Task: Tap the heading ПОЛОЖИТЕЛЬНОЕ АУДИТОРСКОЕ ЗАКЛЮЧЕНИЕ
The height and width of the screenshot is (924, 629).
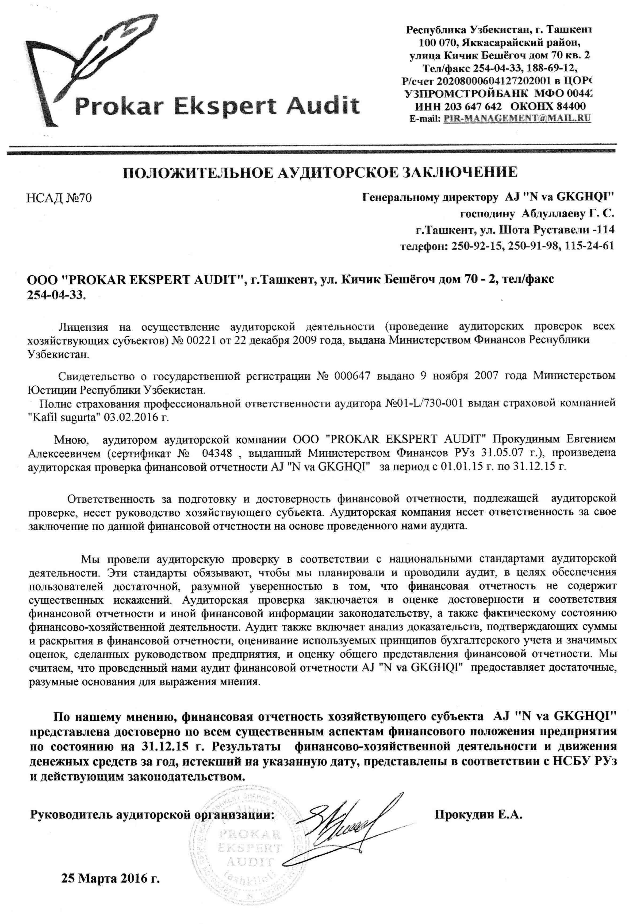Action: pyautogui.click(x=320, y=173)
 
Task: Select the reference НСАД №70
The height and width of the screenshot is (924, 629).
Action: pyautogui.click(x=59, y=198)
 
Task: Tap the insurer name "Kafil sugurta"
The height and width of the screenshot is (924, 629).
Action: pyautogui.click(x=63, y=417)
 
